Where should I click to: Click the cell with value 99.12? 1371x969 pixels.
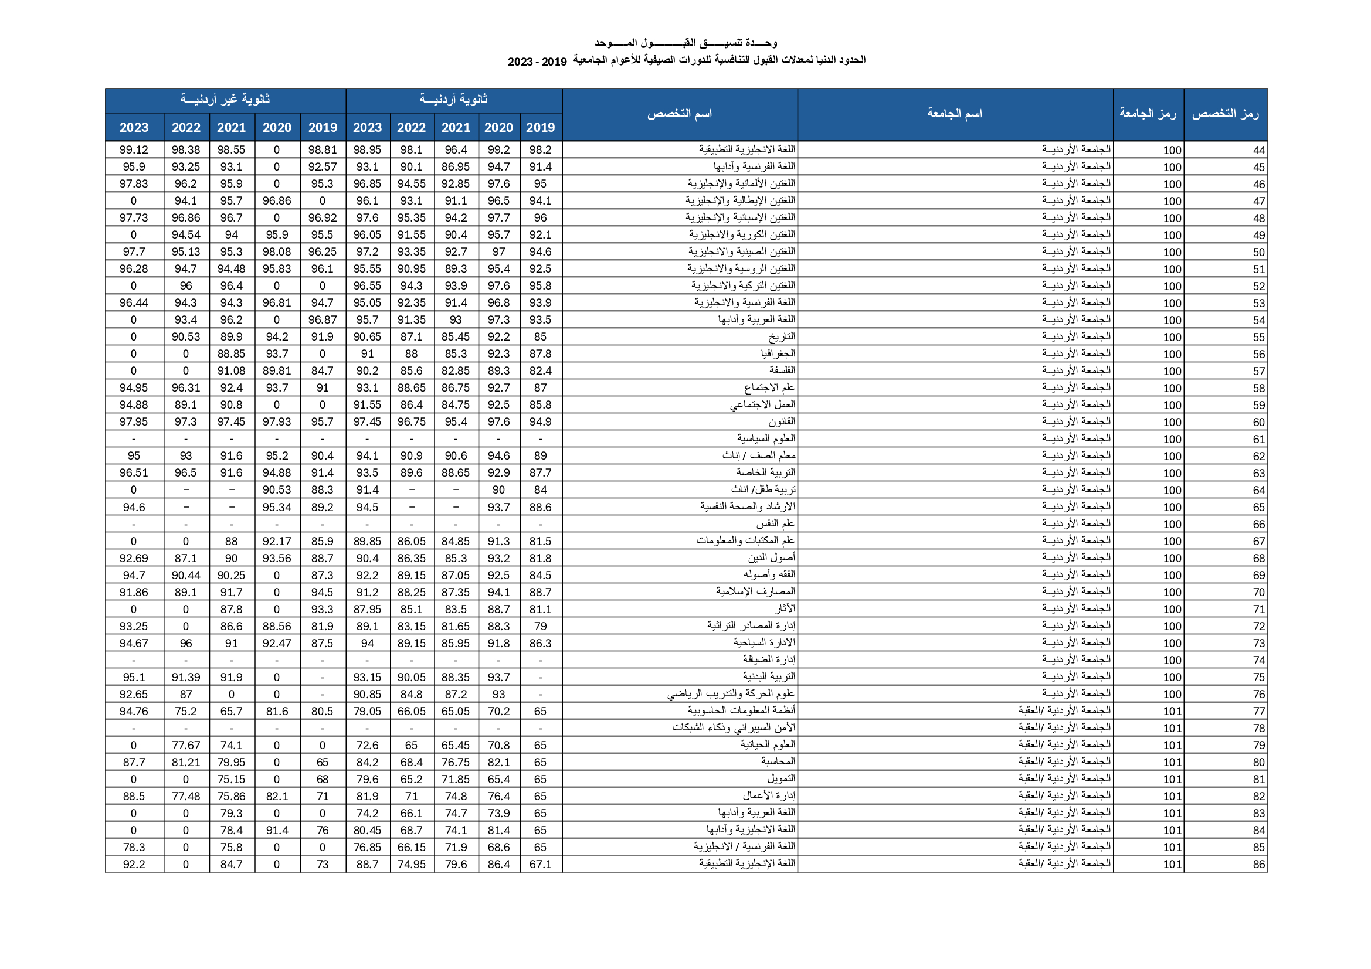click(134, 150)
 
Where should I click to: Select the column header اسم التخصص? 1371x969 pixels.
click(680, 114)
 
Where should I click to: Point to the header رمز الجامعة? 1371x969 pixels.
click(1148, 114)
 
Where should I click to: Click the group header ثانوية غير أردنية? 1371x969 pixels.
click(225, 100)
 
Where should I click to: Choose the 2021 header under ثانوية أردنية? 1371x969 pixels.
click(456, 127)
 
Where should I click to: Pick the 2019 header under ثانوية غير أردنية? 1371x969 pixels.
click(323, 127)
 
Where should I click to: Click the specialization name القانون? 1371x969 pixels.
click(782, 422)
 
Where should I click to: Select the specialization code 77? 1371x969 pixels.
click(1259, 711)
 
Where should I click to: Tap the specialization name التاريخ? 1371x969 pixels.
click(782, 336)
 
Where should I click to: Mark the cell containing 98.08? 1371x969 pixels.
click(276, 252)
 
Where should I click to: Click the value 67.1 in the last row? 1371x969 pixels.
click(541, 864)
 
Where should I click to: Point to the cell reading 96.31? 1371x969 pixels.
click(186, 388)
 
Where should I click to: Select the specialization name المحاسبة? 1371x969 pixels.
click(778, 762)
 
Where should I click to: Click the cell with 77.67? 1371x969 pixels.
click(186, 745)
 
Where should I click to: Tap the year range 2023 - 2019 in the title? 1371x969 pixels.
click(537, 62)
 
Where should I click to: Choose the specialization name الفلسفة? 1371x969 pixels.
click(782, 370)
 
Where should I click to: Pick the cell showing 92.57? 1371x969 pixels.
click(323, 167)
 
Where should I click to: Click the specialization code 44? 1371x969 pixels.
click(1259, 151)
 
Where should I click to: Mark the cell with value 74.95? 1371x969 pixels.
click(412, 864)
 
